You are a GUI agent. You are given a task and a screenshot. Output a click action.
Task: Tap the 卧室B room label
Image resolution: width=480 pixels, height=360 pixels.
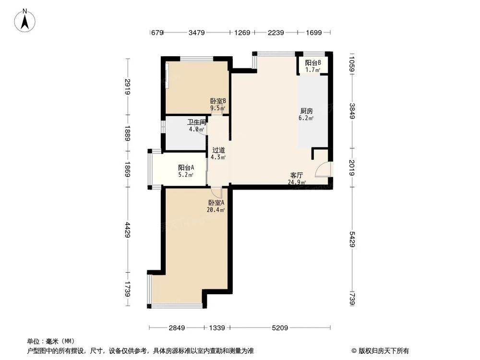click(x=218, y=101)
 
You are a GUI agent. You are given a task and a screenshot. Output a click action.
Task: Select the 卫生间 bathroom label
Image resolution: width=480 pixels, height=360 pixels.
click(x=196, y=122)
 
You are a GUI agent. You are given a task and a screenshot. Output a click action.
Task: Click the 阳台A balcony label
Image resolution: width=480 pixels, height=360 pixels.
click(x=186, y=168)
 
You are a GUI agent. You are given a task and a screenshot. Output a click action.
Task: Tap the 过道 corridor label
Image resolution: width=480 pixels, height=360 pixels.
click(x=218, y=150)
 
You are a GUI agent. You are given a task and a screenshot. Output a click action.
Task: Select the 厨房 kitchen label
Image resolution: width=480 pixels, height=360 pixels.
click(x=306, y=110)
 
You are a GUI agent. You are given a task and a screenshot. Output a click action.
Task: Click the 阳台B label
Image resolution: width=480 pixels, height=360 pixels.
click(x=313, y=63)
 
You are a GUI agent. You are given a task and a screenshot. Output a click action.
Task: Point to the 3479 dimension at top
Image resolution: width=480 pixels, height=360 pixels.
click(x=197, y=33)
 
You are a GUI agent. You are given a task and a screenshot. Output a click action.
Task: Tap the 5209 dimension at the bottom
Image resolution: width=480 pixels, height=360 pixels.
click(x=280, y=328)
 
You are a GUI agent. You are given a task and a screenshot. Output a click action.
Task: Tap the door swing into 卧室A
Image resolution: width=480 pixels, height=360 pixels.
click(x=217, y=192)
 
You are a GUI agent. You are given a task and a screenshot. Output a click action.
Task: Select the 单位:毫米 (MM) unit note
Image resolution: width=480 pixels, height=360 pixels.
click(x=47, y=341)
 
